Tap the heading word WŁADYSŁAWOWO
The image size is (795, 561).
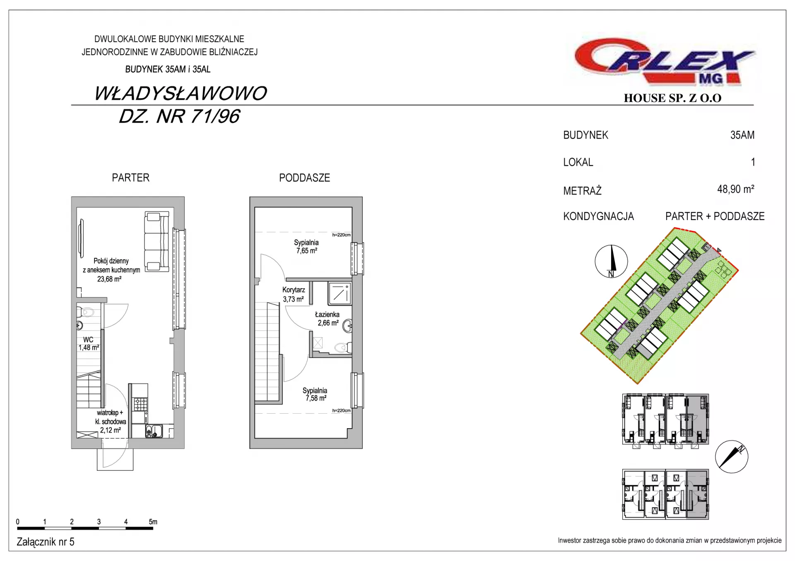click(x=181, y=93)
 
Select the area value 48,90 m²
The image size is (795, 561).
click(x=736, y=189)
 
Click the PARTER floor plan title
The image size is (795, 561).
click(x=130, y=178)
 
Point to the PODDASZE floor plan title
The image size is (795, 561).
click(x=304, y=178)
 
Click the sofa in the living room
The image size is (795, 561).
click(x=157, y=241)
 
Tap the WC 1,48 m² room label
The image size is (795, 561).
click(x=89, y=343)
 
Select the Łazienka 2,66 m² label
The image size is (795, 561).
click(x=328, y=319)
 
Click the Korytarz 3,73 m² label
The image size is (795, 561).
click(x=294, y=295)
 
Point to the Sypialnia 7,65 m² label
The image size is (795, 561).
click(x=306, y=247)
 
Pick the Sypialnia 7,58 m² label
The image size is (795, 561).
click(x=315, y=394)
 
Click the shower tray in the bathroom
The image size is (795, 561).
click(x=340, y=293)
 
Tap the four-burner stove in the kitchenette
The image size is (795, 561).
click(x=140, y=404)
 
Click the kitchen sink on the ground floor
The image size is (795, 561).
click(x=154, y=431)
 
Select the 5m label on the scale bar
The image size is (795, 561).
click(x=153, y=522)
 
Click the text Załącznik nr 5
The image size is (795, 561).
click(x=46, y=542)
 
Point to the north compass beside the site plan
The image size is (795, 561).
click(x=611, y=261)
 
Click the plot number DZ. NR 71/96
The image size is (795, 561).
click(x=179, y=117)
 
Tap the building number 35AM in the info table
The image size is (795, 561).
click(x=742, y=135)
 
